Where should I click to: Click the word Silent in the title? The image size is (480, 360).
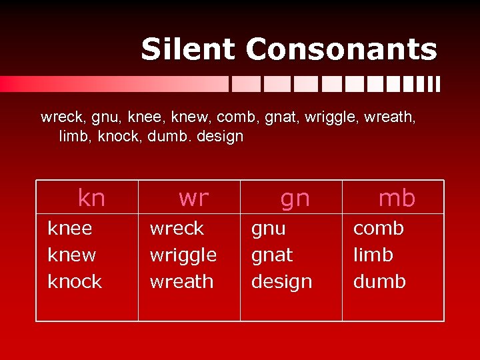coord(189,49)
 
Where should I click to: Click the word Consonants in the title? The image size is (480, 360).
coord(341,49)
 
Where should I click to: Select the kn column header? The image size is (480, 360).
coord(91,197)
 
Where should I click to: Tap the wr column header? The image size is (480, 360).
coord(193,197)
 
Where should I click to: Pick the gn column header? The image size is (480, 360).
coord(295,197)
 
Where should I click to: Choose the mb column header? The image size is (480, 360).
coord(397,197)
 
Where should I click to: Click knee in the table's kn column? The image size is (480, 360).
coord(70,229)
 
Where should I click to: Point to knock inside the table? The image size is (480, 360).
coord(75,281)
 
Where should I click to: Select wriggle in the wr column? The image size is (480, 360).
coord(183,255)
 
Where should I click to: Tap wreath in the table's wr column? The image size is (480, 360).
coord(181,281)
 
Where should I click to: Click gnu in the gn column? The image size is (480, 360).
coord(269,229)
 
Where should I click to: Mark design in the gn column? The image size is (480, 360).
coord(281,282)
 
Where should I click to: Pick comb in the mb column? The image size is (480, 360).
coord(378,229)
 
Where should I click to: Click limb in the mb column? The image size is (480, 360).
coord(373,255)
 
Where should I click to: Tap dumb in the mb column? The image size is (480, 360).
coord(379,281)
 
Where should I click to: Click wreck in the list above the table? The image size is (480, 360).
coord(63,118)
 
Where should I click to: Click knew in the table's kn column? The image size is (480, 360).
coord(72,255)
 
